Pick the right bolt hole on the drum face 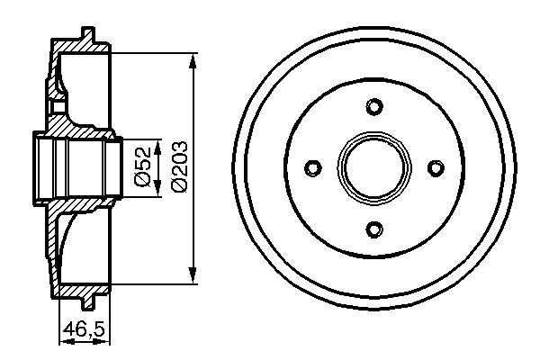[435, 168]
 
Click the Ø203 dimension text [178, 167]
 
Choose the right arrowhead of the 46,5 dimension [106, 339]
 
